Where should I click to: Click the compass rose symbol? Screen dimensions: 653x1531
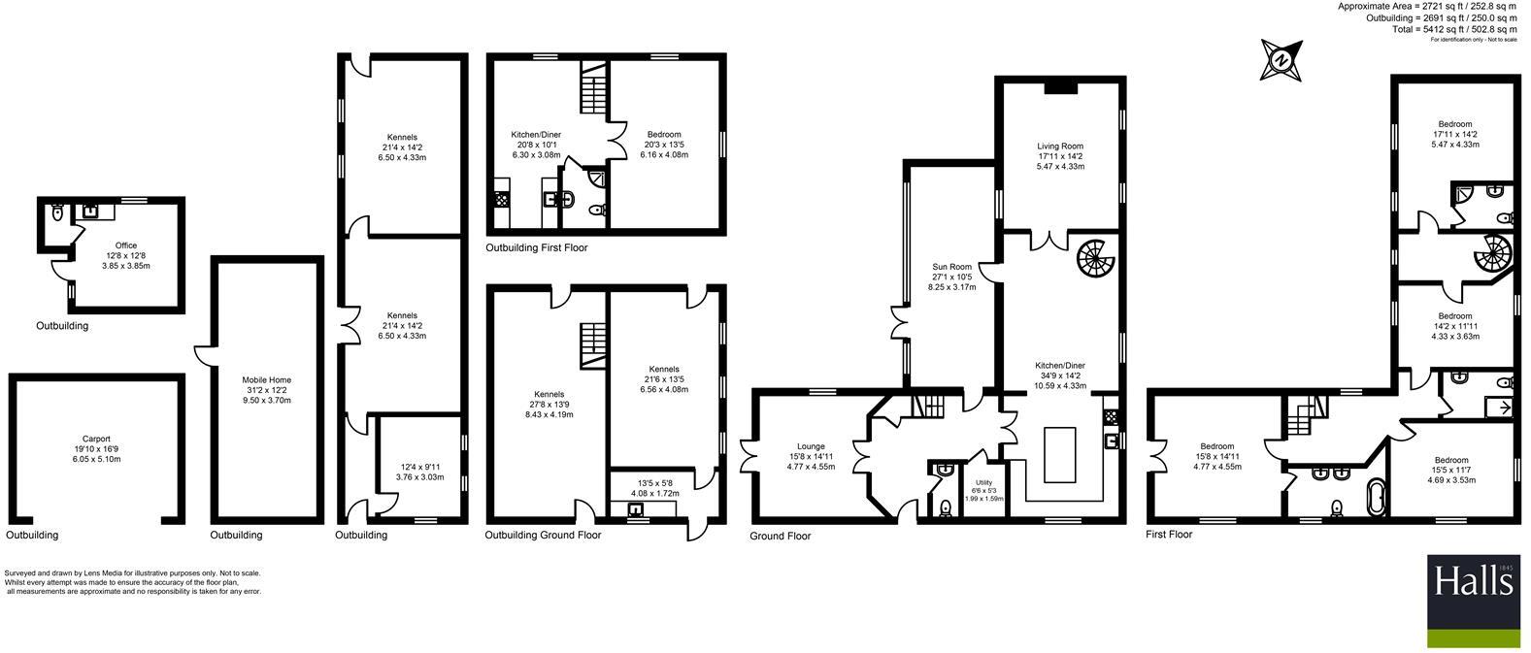tap(1281, 60)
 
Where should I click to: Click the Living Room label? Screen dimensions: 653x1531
tap(1059, 147)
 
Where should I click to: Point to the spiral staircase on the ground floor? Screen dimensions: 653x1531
tap(1097, 257)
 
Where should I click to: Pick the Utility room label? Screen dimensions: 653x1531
tap(983, 482)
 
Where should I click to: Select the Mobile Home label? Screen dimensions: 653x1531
tap(267, 380)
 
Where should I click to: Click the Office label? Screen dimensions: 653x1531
tap(126, 245)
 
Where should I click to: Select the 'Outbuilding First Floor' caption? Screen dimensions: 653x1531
tap(536, 248)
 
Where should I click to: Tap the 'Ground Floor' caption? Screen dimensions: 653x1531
tap(780, 536)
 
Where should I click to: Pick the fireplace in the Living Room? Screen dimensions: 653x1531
tap(1060, 88)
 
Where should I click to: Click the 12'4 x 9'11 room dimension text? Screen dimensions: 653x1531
tap(421, 467)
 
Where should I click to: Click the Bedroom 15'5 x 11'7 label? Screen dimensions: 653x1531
tap(1451, 460)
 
